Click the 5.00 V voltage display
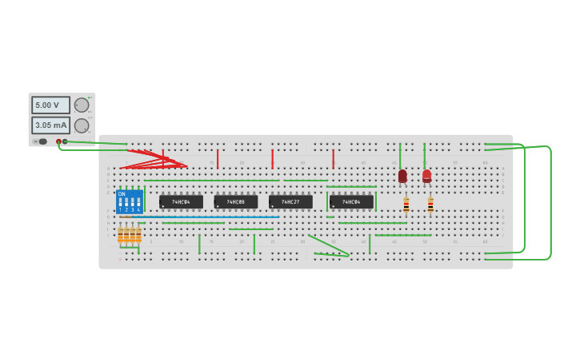(x=50, y=105)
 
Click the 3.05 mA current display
(x=50, y=125)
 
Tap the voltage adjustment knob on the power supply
(x=82, y=105)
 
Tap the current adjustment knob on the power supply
(x=82, y=125)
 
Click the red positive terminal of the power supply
(x=58, y=141)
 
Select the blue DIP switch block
(x=129, y=201)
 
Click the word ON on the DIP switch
(x=122, y=193)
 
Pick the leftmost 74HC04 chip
(x=181, y=202)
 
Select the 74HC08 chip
(x=235, y=202)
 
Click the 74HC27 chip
(x=290, y=202)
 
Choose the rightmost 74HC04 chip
(x=351, y=202)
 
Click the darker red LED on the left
(x=402, y=176)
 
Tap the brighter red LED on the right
(x=426, y=175)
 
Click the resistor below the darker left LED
(x=406, y=205)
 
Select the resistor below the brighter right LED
(x=430, y=205)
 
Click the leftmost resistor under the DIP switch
(x=121, y=235)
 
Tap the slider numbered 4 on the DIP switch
(x=138, y=204)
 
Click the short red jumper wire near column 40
(x=333, y=158)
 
